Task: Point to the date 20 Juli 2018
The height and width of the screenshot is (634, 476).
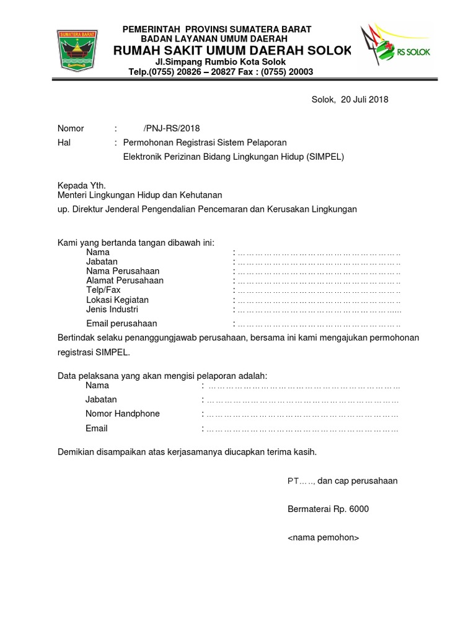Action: [364, 100]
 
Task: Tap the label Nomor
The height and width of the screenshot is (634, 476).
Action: [71, 129]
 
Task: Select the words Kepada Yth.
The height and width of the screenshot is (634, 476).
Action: [82, 185]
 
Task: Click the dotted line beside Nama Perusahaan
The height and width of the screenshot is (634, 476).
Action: [319, 272]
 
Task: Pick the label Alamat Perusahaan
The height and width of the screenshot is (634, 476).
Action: [125, 280]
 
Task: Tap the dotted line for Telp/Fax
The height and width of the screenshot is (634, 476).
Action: [319, 290]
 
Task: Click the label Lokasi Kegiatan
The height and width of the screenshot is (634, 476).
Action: [117, 300]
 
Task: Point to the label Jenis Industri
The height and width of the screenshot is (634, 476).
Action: [112, 309]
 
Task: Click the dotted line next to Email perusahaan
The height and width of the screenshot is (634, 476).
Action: [319, 324]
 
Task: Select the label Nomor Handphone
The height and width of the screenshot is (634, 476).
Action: [123, 414]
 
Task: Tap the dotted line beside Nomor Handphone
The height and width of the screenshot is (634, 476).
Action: [302, 414]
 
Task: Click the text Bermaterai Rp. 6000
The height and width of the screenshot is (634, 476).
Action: [328, 509]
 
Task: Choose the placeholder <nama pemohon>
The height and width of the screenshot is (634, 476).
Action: [323, 537]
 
